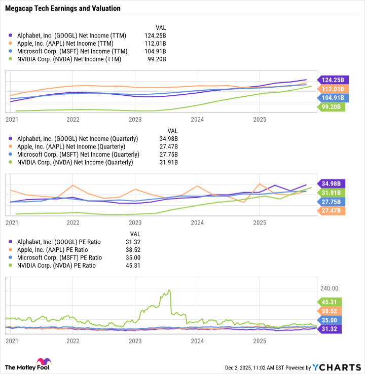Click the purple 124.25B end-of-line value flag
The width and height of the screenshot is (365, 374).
(332, 80)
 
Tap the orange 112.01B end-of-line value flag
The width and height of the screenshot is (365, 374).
(332, 89)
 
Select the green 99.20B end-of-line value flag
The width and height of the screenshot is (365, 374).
(332, 107)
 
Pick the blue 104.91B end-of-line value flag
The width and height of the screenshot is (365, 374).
(332, 98)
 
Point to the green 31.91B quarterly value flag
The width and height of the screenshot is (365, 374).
(332, 193)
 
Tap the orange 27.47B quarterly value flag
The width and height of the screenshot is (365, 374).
(332, 211)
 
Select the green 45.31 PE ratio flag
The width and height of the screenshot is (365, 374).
(332, 302)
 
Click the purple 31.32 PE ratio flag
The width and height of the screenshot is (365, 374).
(332, 329)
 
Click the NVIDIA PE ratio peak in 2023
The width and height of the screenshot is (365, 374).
(169, 290)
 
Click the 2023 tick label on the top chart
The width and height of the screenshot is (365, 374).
(135, 120)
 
